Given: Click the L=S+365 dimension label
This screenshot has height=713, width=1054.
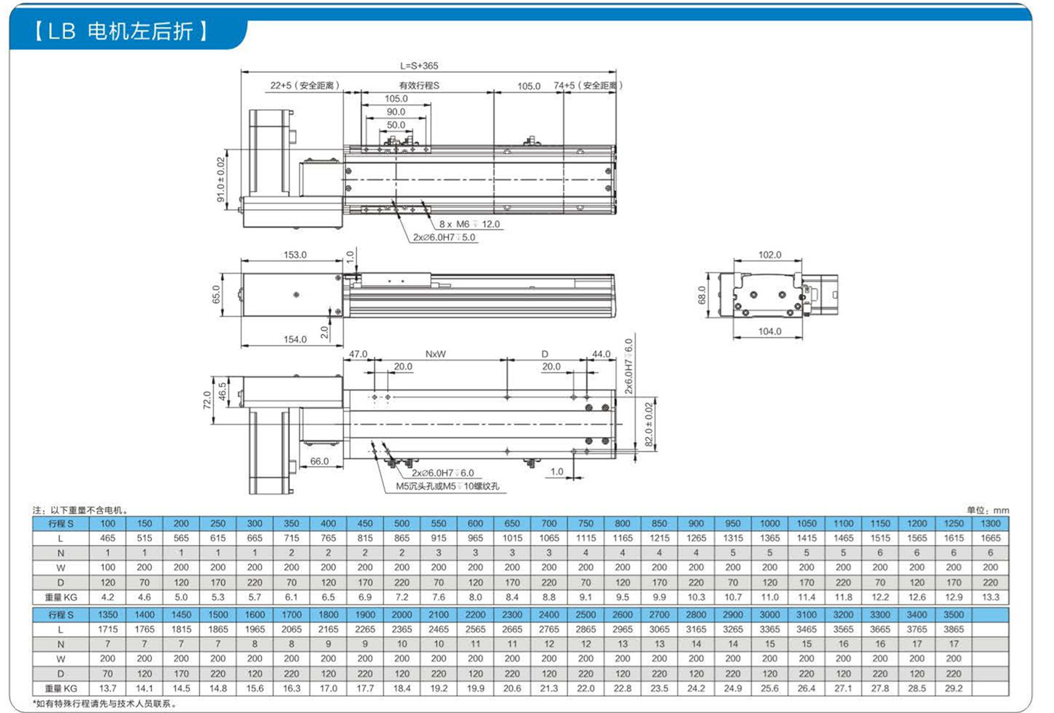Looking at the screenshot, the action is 419,66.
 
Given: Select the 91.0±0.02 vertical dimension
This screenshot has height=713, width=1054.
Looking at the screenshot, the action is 220,180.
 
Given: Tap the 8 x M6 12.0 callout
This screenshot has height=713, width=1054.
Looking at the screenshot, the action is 469,224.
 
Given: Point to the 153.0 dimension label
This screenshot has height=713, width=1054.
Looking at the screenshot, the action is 295,255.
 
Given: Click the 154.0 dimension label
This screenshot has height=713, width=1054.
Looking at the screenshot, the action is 295,339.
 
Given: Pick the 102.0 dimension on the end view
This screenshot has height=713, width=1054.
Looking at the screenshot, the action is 770,255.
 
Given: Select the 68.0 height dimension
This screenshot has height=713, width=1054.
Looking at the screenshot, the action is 702,296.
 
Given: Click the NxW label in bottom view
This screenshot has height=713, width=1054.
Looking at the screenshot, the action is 435,354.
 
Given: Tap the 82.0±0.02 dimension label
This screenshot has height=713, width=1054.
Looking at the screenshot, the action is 649,424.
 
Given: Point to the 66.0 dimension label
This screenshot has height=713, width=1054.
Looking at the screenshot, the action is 320,461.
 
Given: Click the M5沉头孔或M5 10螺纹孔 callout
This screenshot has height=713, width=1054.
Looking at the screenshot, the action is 447,486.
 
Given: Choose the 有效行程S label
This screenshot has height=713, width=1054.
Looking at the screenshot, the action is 419,85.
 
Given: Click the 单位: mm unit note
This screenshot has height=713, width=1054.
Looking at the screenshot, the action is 988,510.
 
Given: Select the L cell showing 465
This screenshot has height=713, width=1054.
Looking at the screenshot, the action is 108,538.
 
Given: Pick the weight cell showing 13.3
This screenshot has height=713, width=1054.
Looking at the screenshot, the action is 990,597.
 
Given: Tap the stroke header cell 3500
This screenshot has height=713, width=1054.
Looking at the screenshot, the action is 954,614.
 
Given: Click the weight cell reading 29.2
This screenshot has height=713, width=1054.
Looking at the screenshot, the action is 954,688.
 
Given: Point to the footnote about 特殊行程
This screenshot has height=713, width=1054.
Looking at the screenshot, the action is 105,704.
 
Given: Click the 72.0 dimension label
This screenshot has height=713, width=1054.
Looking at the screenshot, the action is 207,400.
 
